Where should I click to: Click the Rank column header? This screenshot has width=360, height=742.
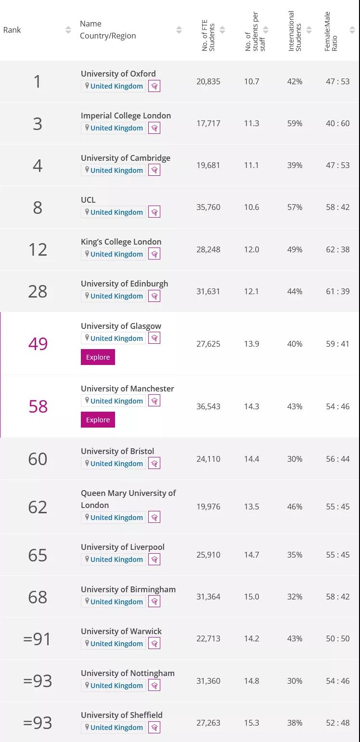point(12,30)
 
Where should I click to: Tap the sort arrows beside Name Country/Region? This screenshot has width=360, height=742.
point(179,30)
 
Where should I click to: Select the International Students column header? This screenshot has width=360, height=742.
point(295,31)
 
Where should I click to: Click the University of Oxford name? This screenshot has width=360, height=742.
point(118,74)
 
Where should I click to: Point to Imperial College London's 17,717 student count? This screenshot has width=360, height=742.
point(208,123)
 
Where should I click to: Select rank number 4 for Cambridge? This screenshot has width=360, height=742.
point(38,166)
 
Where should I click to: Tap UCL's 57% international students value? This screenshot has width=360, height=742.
point(295,207)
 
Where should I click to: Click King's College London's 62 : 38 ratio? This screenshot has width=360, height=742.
point(337,249)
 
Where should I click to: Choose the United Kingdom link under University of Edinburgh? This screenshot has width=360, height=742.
point(116,296)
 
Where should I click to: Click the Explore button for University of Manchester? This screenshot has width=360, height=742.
point(98,420)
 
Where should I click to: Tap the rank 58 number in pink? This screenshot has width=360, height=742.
point(38,406)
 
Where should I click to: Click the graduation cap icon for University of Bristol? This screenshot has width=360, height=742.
point(154,464)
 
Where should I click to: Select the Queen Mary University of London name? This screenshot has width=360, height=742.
point(128,499)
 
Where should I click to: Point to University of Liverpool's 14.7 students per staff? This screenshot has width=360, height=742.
point(251,555)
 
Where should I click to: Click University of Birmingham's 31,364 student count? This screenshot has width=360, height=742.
point(208,597)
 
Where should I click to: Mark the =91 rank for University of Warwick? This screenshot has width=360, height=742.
point(37,639)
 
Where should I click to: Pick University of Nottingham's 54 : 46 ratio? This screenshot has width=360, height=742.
point(337,681)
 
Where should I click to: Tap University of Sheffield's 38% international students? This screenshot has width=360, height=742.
point(295,723)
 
